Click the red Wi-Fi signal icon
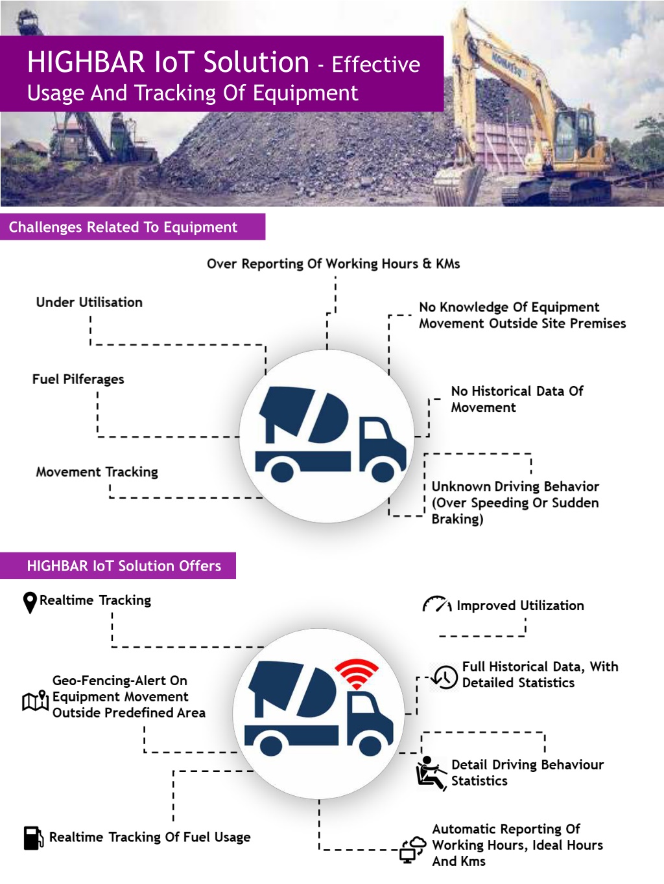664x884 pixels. (356, 674)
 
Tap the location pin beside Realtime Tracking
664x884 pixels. (30, 602)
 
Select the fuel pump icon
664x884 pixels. (33, 837)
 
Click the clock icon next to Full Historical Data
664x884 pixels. (445, 677)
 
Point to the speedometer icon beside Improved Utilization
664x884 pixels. (436, 605)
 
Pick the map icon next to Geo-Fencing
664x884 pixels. (36, 700)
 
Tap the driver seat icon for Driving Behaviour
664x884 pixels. (429, 773)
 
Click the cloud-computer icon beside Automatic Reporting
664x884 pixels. (412, 849)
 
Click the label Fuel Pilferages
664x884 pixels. (78, 380)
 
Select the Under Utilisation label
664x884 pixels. (89, 302)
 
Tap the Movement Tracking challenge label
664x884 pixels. (97, 472)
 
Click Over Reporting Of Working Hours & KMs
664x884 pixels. (333, 264)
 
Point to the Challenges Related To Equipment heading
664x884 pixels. (123, 227)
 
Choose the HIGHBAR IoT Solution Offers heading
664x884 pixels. (124, 566)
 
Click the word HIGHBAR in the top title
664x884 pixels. (86, 63)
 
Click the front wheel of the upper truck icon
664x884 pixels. (383, 471)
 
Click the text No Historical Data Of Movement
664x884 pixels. (517, 399)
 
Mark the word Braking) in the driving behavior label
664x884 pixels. (457, 519)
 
